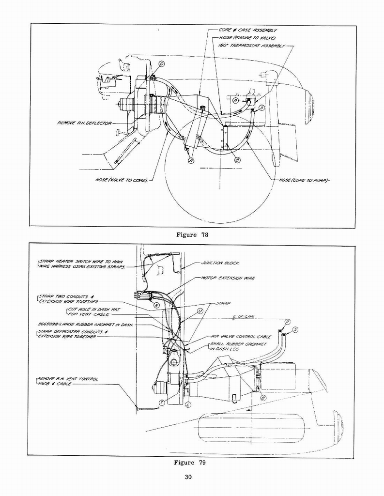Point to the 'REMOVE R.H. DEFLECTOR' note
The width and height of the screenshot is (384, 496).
84,123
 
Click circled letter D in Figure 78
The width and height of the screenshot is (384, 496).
161,64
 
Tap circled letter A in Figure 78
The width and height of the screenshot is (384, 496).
190,160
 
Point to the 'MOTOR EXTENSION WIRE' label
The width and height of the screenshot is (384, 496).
228,279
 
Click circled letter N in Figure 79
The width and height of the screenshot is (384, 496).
156,306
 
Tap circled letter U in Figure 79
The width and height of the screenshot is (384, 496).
200,312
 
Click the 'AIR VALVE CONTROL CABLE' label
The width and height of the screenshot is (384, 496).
241,336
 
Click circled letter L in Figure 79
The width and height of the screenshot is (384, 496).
188,404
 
